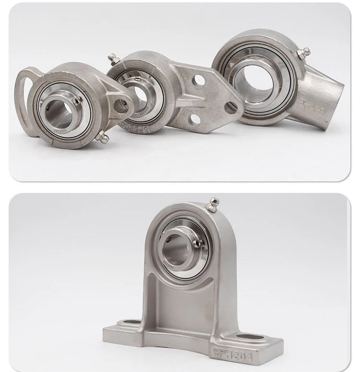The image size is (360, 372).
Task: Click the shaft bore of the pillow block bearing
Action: (x=179, y=246)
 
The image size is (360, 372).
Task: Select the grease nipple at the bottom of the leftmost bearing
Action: (x=102, y=138)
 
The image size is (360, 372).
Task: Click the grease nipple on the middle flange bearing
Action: (x=113, y=59)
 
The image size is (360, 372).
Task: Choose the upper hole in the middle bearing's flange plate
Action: (x=199, y=81)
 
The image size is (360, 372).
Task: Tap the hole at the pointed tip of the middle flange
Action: (x=231, y=108)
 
